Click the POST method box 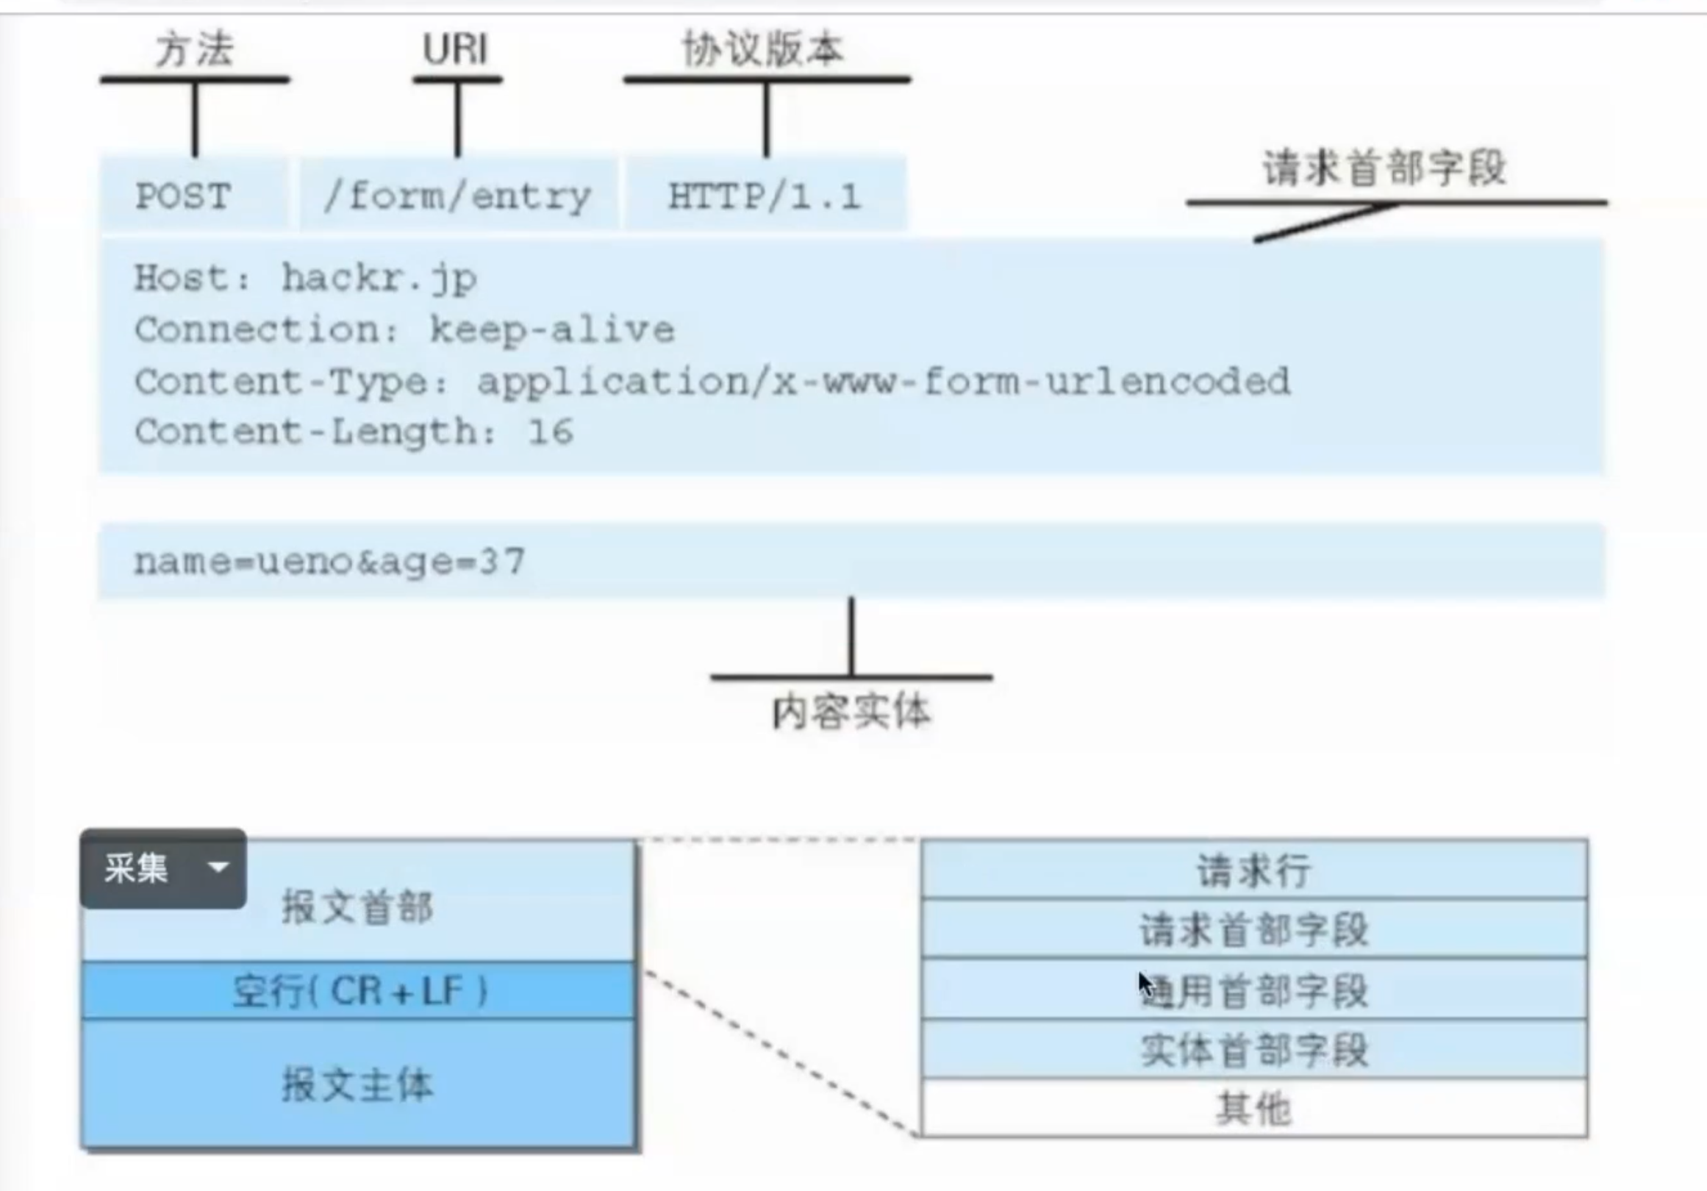click(183, 196)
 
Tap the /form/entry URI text click(457, 196)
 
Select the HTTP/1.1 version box click(765, 196)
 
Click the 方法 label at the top click(195, 50)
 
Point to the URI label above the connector click(455, 50)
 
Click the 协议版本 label click(764, 50)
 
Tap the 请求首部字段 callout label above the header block click(1384, 168)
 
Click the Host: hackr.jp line click(306, 279)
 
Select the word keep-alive click(551, 330)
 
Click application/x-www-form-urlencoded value click(883, 382)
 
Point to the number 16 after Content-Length click(550, 432)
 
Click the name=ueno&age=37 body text click(329, 561)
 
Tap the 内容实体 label click(851, 712)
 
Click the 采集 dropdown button click(163, 868)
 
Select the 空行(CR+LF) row click(359, 990)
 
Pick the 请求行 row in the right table click(1253, 870)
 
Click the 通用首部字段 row click(1253, 990)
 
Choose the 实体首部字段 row click(1253, 1050)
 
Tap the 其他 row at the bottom click(1253, 1109)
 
